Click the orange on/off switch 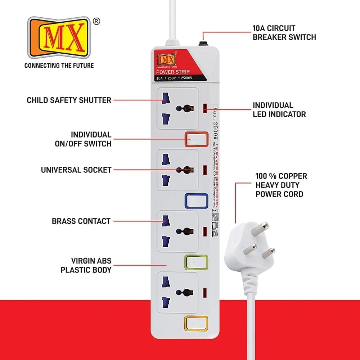click(x=197, y=139)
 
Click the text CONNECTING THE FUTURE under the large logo click(x=59, y=66)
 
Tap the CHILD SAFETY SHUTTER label click(x=69, y=100)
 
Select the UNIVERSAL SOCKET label click(x=76, y=170)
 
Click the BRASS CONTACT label click(x=81, y=221)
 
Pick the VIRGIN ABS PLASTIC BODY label click(x=86, y=265)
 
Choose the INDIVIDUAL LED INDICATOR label click(x=279, y=110)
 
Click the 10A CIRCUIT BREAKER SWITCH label click(x=284, y=32)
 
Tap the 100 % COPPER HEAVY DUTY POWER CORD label click(x=281, y=185)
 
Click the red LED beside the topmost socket click(x=205, y=107)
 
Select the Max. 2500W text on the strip click(x=216, y=123)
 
